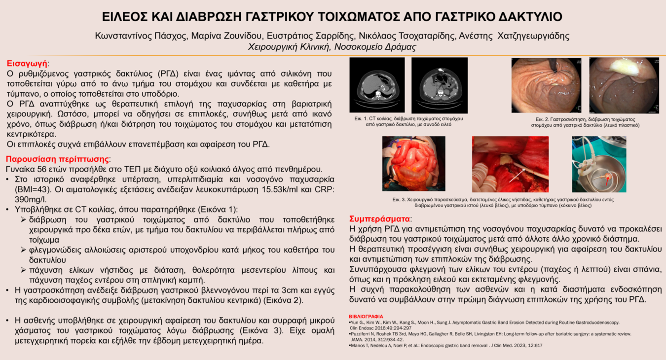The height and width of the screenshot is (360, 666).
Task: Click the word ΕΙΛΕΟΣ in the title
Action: click(125, 17)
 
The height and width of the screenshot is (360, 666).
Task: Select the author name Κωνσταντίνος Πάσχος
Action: click(134, 36)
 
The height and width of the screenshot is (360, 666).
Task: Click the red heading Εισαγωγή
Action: click(27, 63)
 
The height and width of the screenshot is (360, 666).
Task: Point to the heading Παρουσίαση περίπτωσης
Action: click(57, 159)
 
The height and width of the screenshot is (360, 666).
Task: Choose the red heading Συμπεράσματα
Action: click(379, 218)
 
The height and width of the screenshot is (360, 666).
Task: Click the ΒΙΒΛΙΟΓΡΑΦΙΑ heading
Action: click(366, 316)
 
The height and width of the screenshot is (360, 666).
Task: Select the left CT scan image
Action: click(377, 85)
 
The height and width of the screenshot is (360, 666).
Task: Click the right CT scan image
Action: click(439, 85)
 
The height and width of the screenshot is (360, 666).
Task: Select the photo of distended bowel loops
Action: click(413, 164)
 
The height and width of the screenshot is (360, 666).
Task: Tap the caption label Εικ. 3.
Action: click(399, 199)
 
